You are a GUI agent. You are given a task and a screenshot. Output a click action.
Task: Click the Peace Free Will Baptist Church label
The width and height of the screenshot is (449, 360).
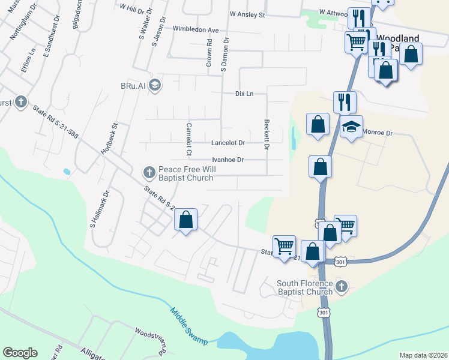point(185,173)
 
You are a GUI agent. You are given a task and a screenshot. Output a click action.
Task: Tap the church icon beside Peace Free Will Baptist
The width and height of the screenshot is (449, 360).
point(149,173)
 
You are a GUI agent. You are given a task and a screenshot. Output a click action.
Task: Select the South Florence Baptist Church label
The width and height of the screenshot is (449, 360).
point(304,287)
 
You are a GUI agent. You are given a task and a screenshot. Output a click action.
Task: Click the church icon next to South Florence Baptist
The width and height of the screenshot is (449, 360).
point(342,287)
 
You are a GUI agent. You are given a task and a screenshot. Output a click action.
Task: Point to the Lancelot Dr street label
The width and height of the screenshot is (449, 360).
point(228,143)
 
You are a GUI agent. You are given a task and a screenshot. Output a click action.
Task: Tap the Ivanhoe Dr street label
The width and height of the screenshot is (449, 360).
point(228,160)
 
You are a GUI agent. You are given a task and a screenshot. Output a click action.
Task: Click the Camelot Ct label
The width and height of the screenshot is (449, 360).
point(188,135)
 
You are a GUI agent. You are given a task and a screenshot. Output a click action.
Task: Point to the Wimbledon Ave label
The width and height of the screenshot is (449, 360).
point(196,29)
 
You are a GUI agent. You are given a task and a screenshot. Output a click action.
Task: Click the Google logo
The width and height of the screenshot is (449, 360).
point(20,353)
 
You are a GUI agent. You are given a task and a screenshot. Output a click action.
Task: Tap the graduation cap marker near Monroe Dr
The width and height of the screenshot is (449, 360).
point(351,127)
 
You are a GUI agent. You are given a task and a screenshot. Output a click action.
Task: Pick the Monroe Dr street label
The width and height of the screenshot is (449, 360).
point(378,132)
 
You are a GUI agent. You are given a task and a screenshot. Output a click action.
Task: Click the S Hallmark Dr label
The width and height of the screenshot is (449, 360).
point(100,209)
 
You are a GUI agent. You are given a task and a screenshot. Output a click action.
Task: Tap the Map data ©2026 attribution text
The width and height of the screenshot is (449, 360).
point(423,355)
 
